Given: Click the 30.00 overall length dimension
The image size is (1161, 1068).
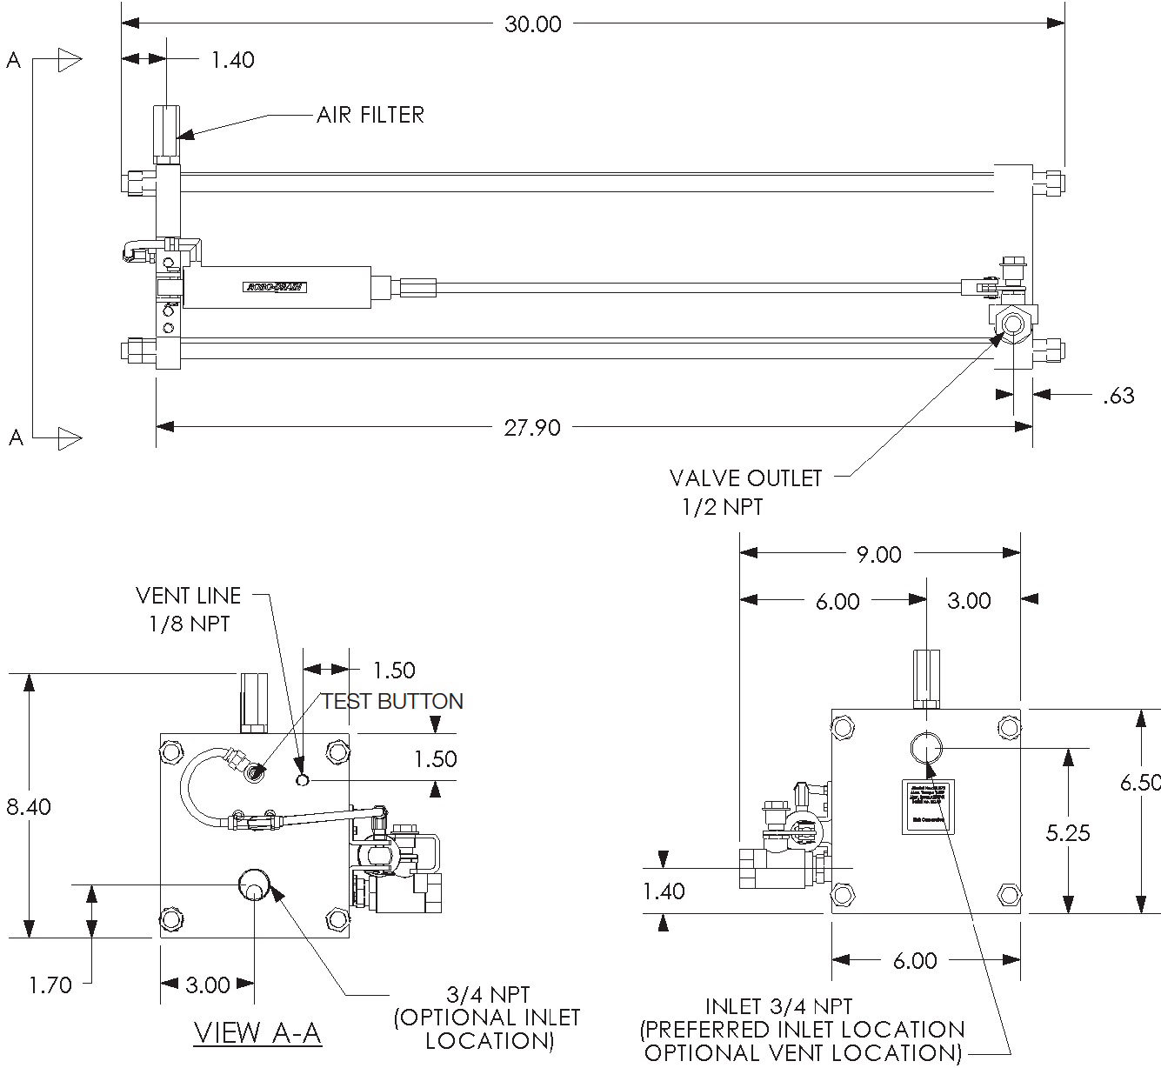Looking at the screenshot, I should (x=532, y=24).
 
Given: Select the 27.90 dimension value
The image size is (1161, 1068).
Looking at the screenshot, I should (x=532, y=428).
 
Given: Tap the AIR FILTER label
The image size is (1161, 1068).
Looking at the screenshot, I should (x=370, y=115).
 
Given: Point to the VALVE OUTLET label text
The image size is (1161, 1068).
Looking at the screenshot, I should (x=745, y=478).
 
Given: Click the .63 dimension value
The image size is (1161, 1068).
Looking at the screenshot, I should (x=1118, y=396).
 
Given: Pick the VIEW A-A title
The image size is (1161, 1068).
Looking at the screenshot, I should (x=257, y=1033).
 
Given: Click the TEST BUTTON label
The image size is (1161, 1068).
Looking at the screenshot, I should (x=392, y=701).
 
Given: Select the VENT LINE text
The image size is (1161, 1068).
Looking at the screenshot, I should (x=189, y=596).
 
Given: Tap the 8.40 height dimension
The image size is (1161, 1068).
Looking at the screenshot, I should (x=29, y=807).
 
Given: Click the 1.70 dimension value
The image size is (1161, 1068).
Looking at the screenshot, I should (x=50, y=985).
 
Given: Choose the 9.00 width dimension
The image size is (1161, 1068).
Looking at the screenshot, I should (x=878, y=554).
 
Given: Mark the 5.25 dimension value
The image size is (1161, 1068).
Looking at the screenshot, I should (x=1068, y=833).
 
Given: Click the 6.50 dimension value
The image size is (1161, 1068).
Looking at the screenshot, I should (x=1139, y=783).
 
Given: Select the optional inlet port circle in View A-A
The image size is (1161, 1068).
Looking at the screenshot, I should (x=254, y=885).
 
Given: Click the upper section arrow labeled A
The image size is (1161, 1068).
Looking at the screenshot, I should (x=68, y=61).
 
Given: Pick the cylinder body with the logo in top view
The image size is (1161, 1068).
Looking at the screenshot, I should (x=277, y=287).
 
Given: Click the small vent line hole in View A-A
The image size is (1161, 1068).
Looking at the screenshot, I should (x=302, y=779).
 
